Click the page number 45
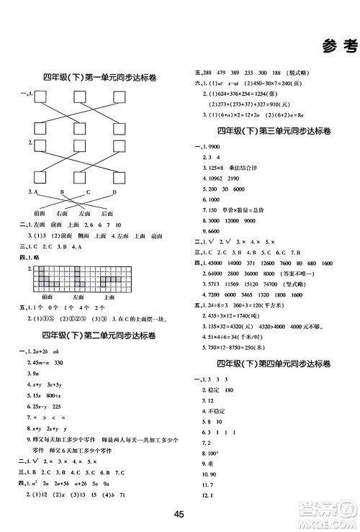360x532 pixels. [180, 513]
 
